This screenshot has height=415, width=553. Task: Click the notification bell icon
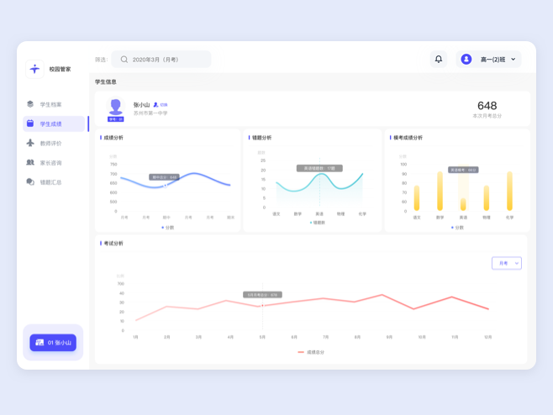pyautogui.click(x=439, y=60)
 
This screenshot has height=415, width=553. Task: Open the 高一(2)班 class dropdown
pyautogui.click(x=488, y=60)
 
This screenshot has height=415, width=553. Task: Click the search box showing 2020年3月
pyautogui.click(x=161, y=60)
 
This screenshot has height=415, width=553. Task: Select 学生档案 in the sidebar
pyautogui.click(x=50, y=105)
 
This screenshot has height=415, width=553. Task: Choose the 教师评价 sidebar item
pyautogui.click(x=50, y=144)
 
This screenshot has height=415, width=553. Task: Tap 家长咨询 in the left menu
pyautogui.click(x=50, y=163)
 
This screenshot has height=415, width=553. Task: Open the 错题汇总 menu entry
pyautogui.click(x=50, y=182)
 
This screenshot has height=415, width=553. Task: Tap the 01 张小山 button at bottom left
pyautogui.click(x=54, y=343)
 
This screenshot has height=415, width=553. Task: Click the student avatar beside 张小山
pyautogui.click(x=115, y=108)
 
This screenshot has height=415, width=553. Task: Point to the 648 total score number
pyautogui.click(x=487, y=106)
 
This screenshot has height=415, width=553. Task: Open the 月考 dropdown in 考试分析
pyautogui.click(x=506, y=263)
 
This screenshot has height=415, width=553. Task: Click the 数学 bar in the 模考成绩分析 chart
pyautogui.click(x=440, y=192)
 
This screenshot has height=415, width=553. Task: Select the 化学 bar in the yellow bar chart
pyautogui.click(x=509, y=192)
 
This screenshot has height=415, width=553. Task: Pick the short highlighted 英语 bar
pyautogui.click(x=463, y=203)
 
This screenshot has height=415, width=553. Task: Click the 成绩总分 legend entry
pyautogui.click(x=311, y=352)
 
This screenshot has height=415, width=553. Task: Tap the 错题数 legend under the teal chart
pyautogui.click(x=318, y=223)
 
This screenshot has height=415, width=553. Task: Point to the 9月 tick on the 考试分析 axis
pyautogui.click(x=389, y=337)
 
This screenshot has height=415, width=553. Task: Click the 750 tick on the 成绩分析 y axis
pyautogui.click(x=113, y=165)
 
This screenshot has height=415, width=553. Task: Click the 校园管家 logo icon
pyautogui.click(x=34, y=69)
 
